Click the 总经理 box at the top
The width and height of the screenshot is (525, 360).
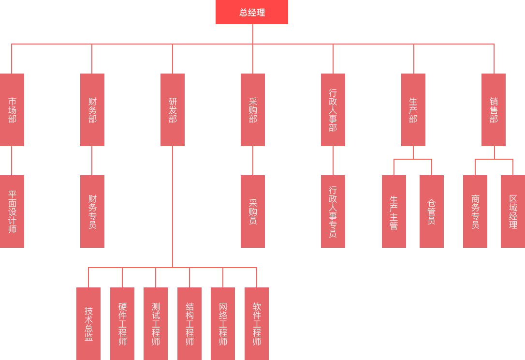click(251, 12)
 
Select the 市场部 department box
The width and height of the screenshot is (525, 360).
click(12, 109)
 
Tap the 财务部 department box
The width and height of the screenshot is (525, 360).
click(92, 109)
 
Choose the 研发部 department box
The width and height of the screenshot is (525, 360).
click(172, 109)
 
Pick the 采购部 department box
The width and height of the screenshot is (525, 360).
click(252, 109)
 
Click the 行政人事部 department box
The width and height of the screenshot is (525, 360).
click(333, 109)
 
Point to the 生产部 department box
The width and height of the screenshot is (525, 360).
click(413, 109)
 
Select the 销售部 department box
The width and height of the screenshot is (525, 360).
click(493, 109)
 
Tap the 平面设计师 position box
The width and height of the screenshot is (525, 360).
click(12, 211)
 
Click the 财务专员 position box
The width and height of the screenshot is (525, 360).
click(92, 211)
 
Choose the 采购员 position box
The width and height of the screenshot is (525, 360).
click(252, 211)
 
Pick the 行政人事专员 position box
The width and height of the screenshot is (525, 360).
click(333, 211)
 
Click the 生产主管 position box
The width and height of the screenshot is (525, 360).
click(394, 211)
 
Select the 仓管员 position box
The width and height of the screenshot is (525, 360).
click(431, 211)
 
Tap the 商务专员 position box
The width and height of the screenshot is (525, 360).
click(475, 211)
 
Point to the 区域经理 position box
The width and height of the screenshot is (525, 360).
click(512, 211)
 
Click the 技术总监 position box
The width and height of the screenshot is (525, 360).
click(88, 323)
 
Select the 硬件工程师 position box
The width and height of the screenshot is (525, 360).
click(122, 323)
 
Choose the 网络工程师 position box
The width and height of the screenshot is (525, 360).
click(222, 323)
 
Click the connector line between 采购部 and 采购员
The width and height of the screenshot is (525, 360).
click(252, 160)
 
